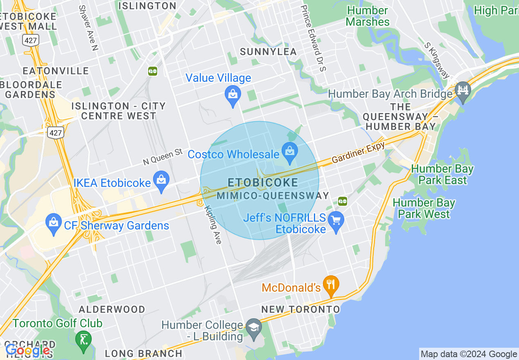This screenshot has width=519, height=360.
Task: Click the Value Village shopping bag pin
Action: pos(232,94)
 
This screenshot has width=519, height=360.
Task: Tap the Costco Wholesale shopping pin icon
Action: pos(290,151)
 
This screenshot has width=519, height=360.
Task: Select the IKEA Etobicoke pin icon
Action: pos(161,180)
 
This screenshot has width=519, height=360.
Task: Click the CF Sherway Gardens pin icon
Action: pos(54,222)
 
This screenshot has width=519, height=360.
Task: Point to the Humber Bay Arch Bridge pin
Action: pos(463,90)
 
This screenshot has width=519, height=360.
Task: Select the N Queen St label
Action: pos(162,157)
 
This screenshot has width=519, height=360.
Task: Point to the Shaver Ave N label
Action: pos(88,28)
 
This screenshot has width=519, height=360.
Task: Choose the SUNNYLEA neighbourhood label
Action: pos(268,52)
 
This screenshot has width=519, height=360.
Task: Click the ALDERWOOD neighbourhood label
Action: pos(112,309)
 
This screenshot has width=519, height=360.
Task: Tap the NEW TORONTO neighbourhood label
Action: pos(301,309)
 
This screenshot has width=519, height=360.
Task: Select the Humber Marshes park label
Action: pos(367,16)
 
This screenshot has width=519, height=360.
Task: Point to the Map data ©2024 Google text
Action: pos(469,354)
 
